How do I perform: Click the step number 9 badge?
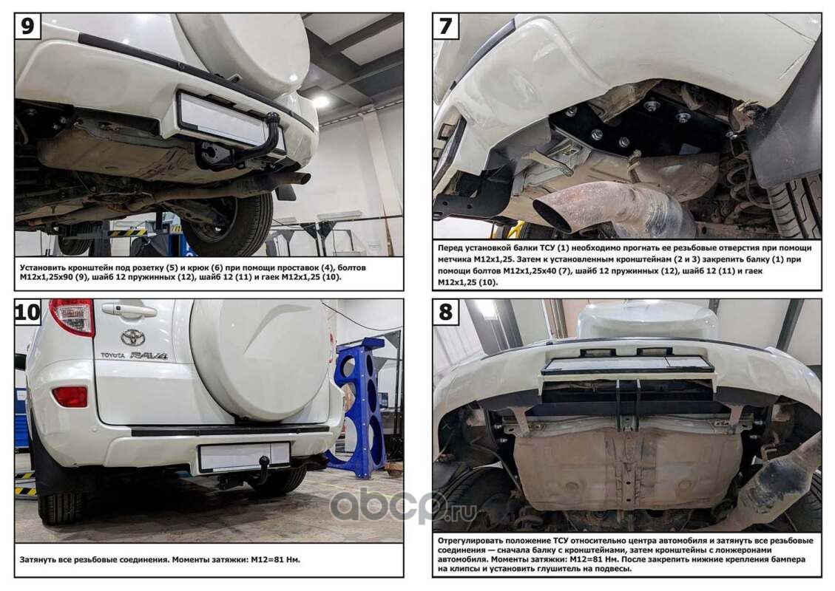[27, 26]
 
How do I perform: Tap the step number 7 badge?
[446, 26]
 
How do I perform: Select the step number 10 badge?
[27, 311]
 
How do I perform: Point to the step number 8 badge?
[446, 311]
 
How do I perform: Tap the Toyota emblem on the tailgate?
[132, 337]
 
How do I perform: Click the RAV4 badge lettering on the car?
[149, 355]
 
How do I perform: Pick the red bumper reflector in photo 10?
[70, 397]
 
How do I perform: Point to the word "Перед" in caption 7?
[450, 248]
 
